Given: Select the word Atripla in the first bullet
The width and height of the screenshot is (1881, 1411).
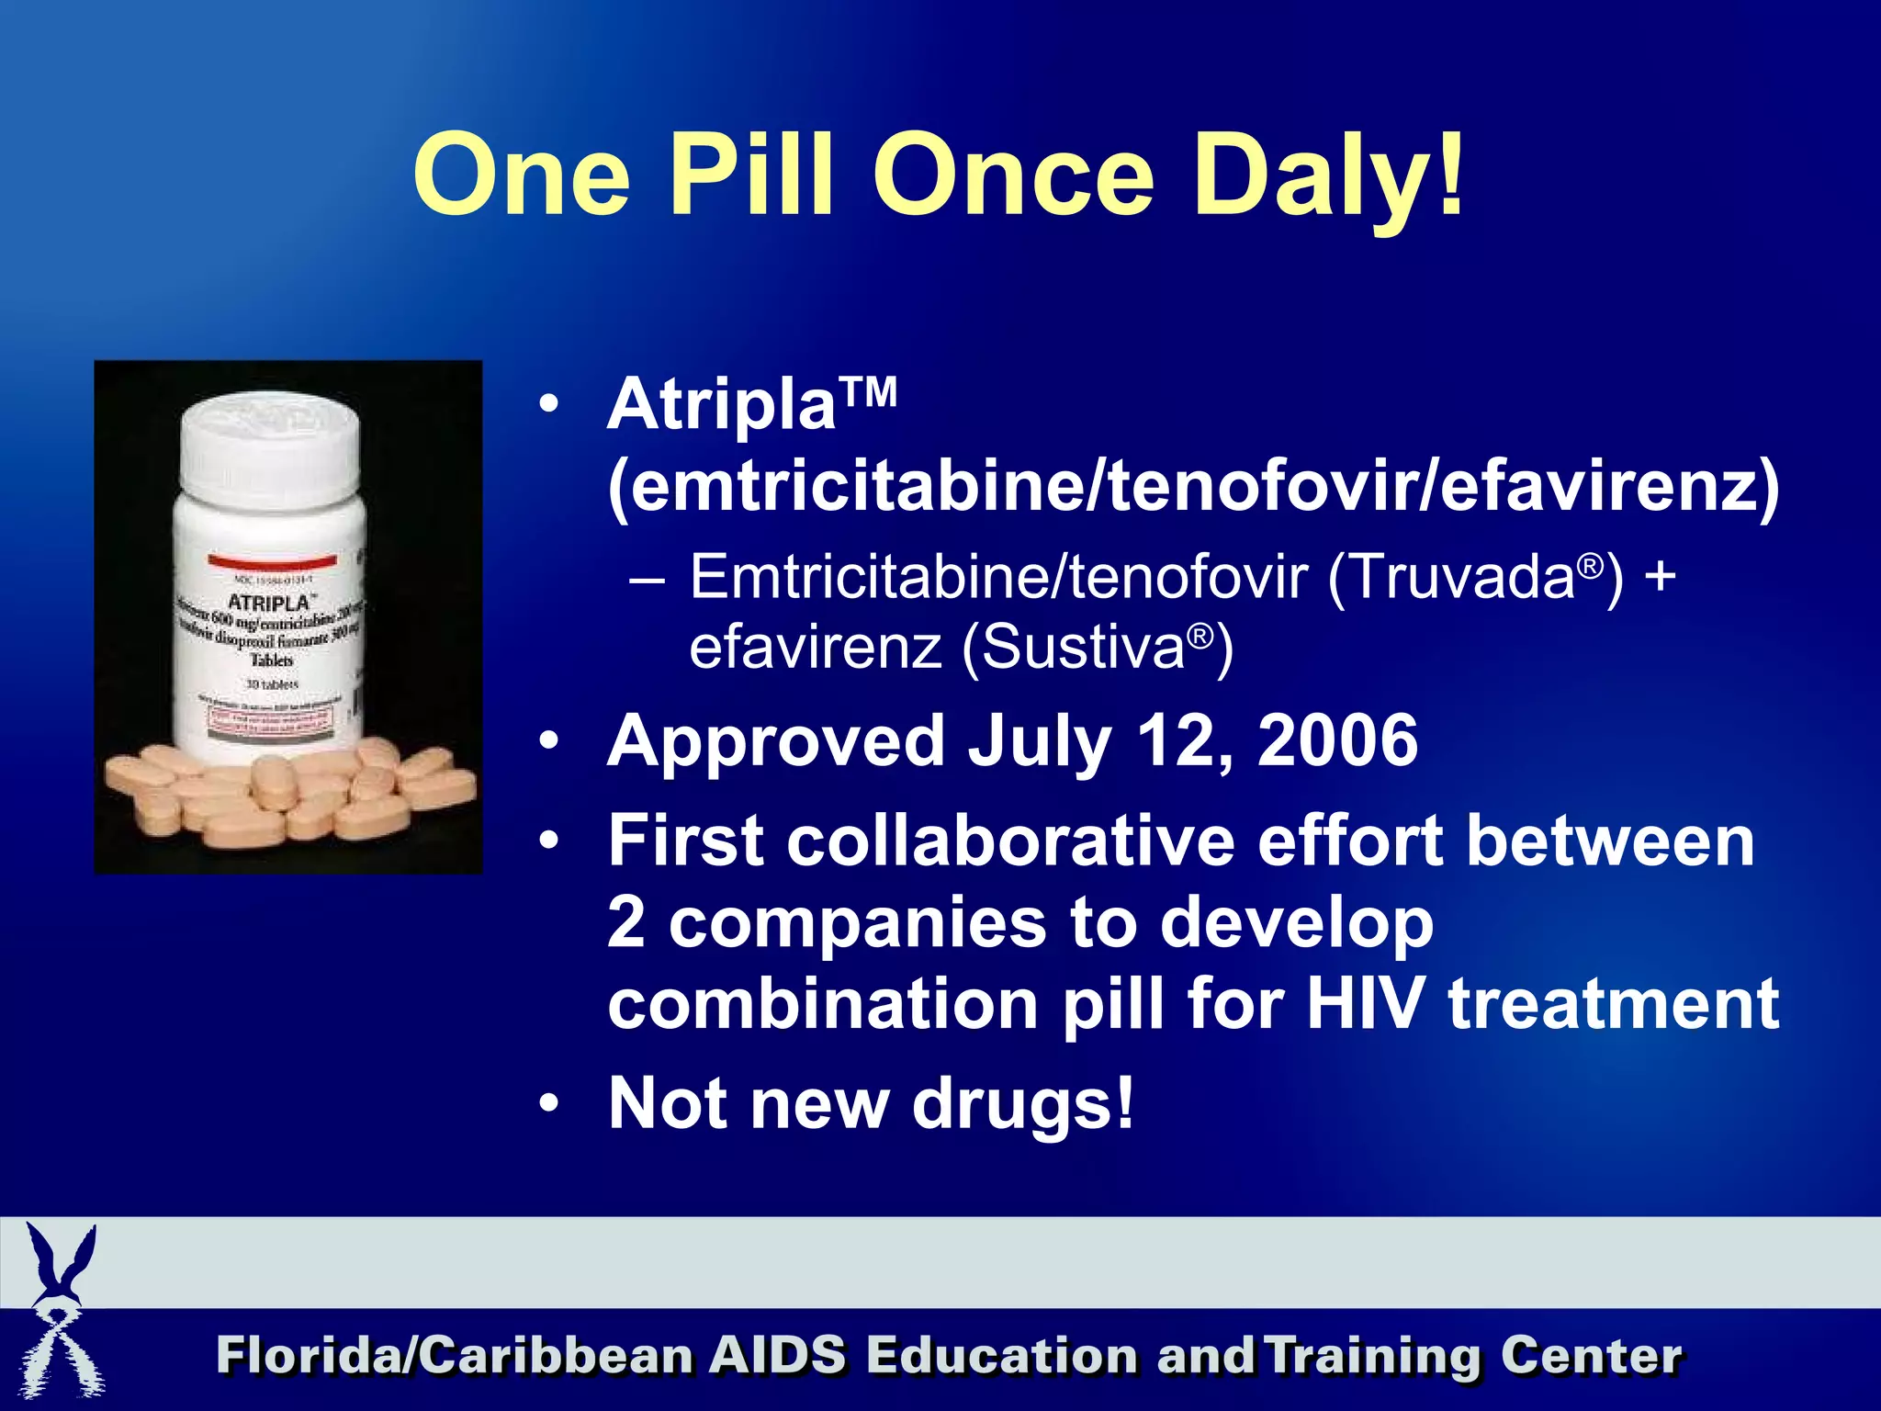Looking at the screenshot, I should (x=721, y=405).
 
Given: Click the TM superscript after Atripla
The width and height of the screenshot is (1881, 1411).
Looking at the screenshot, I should (x=867, y=393).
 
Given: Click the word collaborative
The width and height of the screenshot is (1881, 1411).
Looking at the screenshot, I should (x=1011, y=841).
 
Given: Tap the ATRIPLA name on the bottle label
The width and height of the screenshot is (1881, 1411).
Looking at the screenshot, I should (x=269, y=603).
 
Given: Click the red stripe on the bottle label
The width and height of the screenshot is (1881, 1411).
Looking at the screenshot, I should (x=272, y=560).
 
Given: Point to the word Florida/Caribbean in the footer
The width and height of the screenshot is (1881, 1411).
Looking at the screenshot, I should (x=455, y=1356).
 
